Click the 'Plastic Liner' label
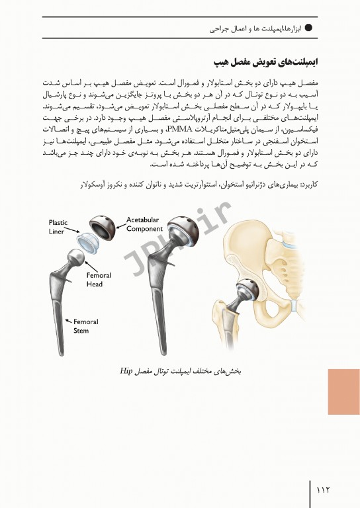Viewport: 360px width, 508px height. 59,227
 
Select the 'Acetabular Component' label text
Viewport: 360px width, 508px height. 144,224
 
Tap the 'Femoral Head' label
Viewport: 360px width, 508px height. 99,279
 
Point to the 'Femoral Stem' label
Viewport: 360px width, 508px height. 85,326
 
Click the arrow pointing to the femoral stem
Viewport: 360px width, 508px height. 67,319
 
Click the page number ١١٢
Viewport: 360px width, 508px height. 324,489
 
